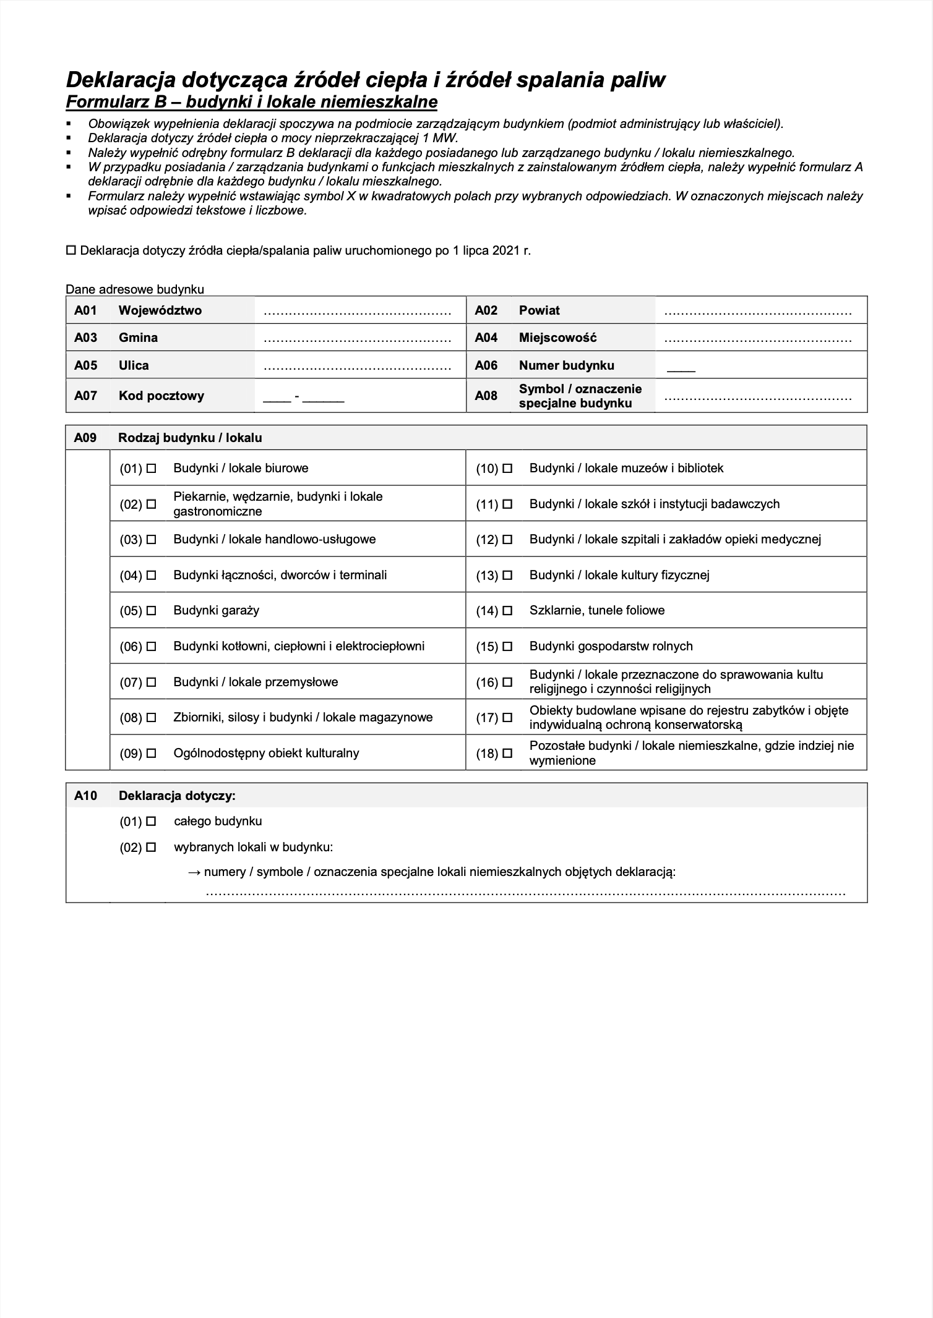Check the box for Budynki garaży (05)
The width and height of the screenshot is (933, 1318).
coord(151,611)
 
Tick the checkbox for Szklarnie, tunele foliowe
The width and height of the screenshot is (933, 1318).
coord(507,611)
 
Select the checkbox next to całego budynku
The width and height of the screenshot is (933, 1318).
coord(151,822)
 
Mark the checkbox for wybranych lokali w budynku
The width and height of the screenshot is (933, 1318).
coord(151,848)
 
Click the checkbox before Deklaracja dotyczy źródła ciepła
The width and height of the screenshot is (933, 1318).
coord(71,251)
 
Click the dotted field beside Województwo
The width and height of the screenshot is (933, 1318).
coord(357,312)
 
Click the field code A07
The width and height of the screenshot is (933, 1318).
coord(85,396)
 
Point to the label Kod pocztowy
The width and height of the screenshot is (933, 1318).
coord(161,396)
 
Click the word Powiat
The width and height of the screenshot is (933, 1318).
coord(539,310)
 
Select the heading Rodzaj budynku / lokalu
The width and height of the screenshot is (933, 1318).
coord(190,438)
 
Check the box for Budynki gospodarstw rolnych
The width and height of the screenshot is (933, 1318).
coord(507,647)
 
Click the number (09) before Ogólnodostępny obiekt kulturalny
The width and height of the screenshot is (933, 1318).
coord(131,754)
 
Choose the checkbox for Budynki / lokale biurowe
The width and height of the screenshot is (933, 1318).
coord(151,469)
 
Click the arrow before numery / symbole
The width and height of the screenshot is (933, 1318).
coord(194,872)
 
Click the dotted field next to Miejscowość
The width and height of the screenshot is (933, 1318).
coord(757,339)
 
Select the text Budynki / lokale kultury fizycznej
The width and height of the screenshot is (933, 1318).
coord(619,575)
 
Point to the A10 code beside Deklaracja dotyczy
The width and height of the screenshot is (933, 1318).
coord(85,796)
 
